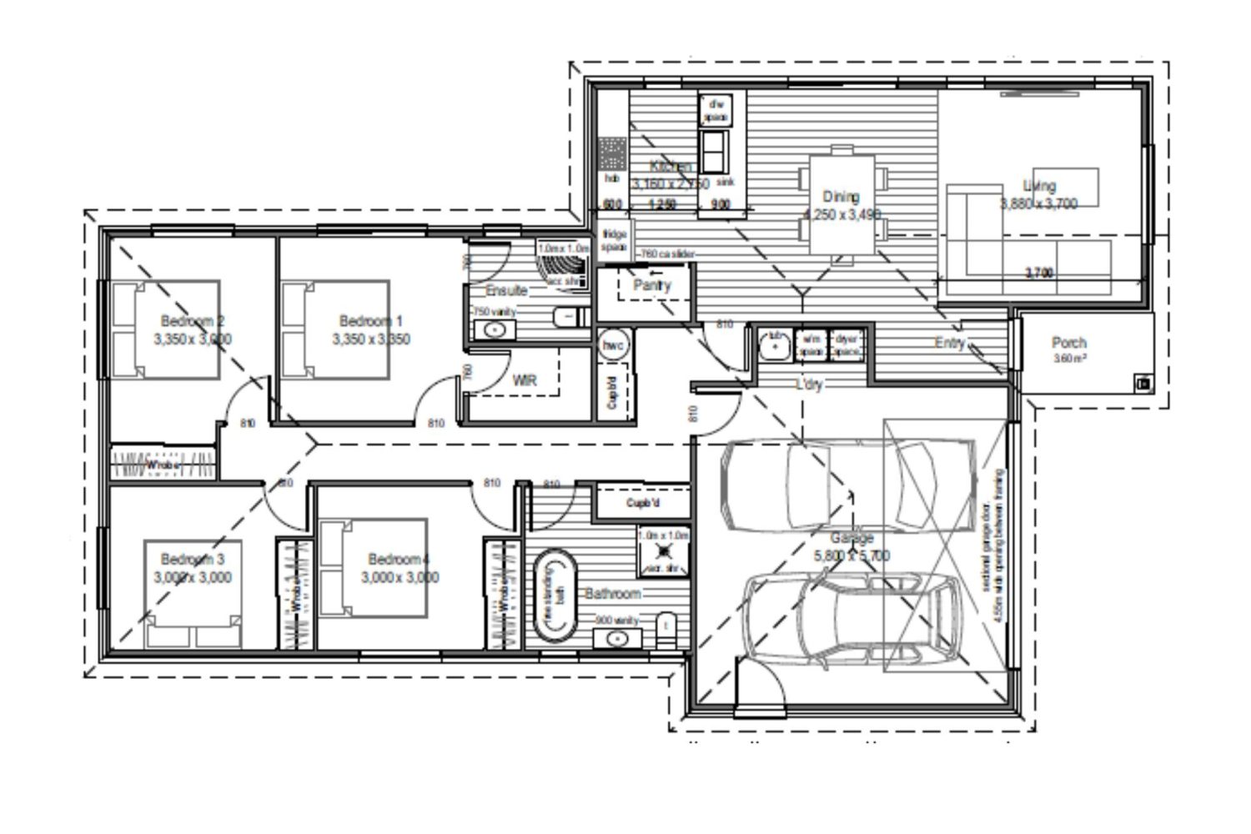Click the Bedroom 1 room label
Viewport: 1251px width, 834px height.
coord(371,321)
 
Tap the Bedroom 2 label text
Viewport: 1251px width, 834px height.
coord(193,321)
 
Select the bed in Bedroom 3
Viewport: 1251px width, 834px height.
coord(193,594)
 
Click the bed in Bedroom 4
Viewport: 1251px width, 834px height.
coord(374,567)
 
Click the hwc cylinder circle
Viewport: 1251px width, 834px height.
coord(613,344)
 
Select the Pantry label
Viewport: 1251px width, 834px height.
coord(651,285)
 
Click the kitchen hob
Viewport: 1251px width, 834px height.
coord(612,155)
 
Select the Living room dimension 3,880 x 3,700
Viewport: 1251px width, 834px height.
coord(1039,203)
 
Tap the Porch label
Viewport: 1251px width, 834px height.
coord(1068,342)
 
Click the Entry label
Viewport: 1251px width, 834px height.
coord(949,343)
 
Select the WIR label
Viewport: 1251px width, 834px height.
coord(524,380)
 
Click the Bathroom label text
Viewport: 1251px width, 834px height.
coord(613,594)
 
